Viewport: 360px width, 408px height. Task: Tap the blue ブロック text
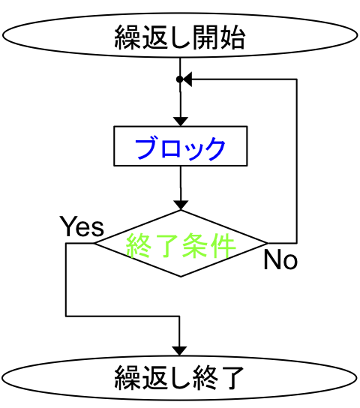(x=180, y=148)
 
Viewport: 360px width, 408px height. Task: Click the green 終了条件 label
(x=181, y=245)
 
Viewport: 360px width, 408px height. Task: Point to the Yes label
(x=82, y=226)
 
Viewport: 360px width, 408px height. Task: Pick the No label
(x=280, y=259)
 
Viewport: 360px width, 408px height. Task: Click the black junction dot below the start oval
(x=180, y=79)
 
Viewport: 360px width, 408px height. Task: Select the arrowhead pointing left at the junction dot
(x=187, y=79)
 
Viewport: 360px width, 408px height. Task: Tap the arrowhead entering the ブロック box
(x=181, y=121)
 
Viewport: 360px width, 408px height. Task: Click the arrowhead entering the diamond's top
(x=181, y=205)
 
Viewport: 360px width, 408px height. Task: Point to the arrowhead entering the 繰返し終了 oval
(x=179, y=351)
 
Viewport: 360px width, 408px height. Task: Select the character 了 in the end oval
(x=231, y=378)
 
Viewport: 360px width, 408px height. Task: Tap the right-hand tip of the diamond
(x=268, y=243)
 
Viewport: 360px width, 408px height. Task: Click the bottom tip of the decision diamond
(x=181, y=276)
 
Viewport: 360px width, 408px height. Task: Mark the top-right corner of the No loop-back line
(x=297, y=79)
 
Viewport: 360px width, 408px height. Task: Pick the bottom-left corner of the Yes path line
(x=66, y=316)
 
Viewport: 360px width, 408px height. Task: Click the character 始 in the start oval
(x=232, y=37)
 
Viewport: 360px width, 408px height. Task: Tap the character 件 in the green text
(x=223, y=245)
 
